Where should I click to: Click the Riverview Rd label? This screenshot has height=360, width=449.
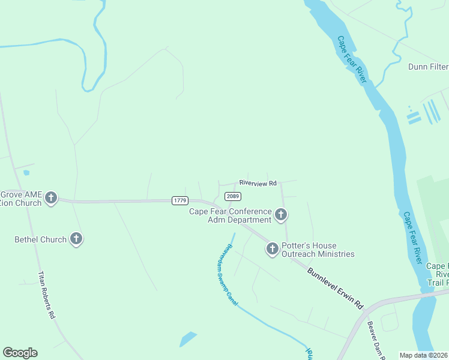(x=258, y=182)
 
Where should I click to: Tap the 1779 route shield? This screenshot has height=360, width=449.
(x=179, y=200)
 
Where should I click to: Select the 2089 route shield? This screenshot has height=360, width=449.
(x=233, y=196)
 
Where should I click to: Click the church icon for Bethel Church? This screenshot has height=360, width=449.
(x=76, y=239)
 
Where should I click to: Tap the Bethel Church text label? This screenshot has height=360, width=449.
(x=41, y=239)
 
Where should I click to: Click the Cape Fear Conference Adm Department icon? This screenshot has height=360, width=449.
(x=280, y=215)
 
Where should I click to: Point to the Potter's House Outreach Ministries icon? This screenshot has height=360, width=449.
(x=272, y=248)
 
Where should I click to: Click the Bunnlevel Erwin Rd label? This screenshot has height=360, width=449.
(x=336, y=288)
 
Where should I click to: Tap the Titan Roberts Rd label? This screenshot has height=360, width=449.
(x=46, y=295)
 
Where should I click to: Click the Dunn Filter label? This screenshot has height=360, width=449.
(x=428, y=67)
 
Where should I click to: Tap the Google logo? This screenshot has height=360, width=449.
(x=20, y=353)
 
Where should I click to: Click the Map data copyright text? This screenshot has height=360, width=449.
(x=424, y=355)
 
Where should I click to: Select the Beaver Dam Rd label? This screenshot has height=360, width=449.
(x=376, y=341)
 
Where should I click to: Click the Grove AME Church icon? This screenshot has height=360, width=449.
(x=51, y=198)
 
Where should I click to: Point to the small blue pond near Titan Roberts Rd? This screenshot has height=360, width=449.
(x=26, y=173)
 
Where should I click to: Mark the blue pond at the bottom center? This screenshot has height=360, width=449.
(x=188, y=339)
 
